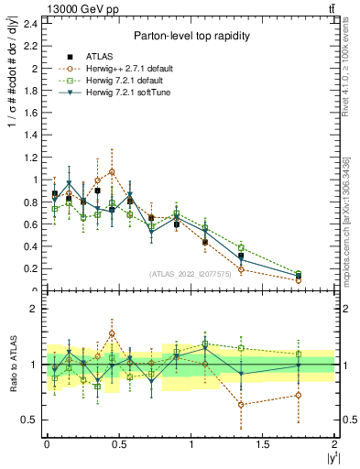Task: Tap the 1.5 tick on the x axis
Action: tap(263, 443)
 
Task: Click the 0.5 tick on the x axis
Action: tap(118, 443)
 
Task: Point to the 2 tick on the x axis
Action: tap(335, 443)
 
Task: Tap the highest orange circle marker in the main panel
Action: tap(112, 171)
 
